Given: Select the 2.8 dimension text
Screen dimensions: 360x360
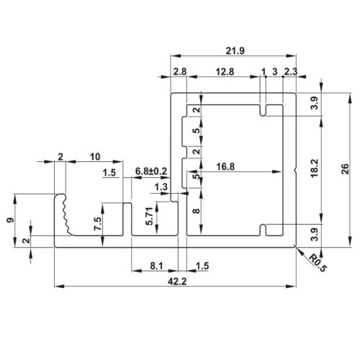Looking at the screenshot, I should click(x=179, y=71).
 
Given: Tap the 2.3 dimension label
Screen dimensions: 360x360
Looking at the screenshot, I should click(x=290, y=71).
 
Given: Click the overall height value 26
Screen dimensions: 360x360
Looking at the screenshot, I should click(x=345, y=169).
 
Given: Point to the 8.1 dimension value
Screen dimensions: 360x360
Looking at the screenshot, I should click(x=158, y=266).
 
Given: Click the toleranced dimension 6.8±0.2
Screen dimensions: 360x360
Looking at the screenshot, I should click(x=151, y=171).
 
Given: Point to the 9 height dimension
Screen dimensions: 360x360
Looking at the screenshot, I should click(x=9, y=220).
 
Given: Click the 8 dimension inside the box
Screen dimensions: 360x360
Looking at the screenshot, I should click(x=196, y=212).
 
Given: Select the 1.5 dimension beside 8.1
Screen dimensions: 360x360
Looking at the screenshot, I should click(x=202, y=266).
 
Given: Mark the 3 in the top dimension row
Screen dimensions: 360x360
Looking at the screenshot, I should click(x=274, y=71).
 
